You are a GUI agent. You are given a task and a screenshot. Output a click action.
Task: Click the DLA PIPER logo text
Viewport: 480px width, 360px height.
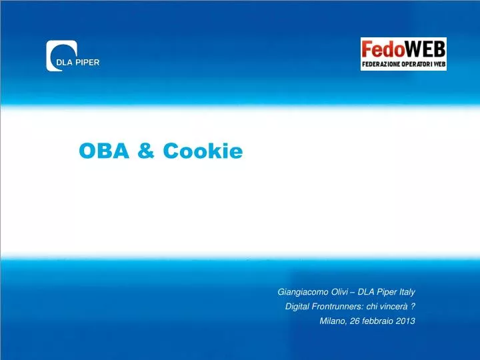coord(77,63)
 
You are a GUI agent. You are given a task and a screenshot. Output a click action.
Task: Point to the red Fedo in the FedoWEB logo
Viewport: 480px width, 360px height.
coord(383,49)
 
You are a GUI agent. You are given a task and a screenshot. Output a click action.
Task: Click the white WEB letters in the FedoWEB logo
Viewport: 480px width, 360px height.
coord(425,49)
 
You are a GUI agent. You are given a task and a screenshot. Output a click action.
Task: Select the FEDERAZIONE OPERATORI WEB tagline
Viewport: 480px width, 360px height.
coord(403,65)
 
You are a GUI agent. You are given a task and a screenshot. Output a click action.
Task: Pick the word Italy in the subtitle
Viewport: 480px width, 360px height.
coord(406,292)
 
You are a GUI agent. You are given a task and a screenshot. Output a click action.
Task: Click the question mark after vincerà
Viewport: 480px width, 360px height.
coord(413,307)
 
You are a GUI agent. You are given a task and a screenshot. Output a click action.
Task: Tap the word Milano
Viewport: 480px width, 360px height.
coord(333,321)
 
